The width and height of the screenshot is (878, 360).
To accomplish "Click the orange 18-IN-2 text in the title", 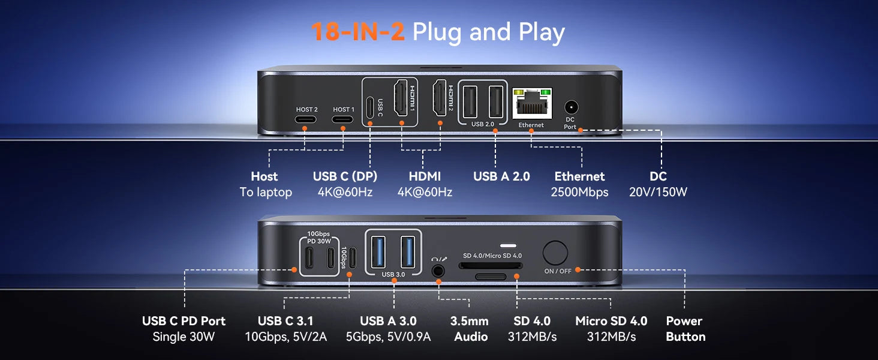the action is coord(358,32).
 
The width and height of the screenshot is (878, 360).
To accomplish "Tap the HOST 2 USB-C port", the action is coord(306,119).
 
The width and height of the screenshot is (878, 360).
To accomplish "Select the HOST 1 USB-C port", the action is coord(342,119).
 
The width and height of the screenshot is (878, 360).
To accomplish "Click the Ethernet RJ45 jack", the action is coord(533,104).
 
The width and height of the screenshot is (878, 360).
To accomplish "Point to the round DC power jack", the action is coord(571,107).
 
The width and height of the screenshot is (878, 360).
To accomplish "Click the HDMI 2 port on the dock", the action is coord(440,98).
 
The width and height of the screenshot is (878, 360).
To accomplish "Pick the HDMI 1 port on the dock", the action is coord(401,98).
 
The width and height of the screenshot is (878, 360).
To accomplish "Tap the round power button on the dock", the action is coord(555,253).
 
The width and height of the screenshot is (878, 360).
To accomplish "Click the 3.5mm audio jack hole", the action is coord(438,271).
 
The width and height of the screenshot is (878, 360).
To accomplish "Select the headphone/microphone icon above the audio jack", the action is coord(439,259).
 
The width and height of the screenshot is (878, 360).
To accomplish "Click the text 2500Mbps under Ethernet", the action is coord(579,192).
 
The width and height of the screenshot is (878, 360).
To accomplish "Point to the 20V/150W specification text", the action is coord(658,192).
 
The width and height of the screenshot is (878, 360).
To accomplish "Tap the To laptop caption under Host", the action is coord(266,193).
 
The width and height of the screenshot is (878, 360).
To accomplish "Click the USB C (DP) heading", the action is coord(345,176).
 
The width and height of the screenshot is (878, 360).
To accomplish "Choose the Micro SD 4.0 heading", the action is coord(611,321).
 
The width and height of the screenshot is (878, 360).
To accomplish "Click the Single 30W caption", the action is coord(184,337).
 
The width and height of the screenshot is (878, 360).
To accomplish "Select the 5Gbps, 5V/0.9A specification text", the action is coord(388,337).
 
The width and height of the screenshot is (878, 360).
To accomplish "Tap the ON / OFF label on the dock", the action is coord(558,271).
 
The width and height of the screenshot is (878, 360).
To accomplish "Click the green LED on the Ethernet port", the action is coord(545,93).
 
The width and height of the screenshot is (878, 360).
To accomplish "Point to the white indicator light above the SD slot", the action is coord(509,246).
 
